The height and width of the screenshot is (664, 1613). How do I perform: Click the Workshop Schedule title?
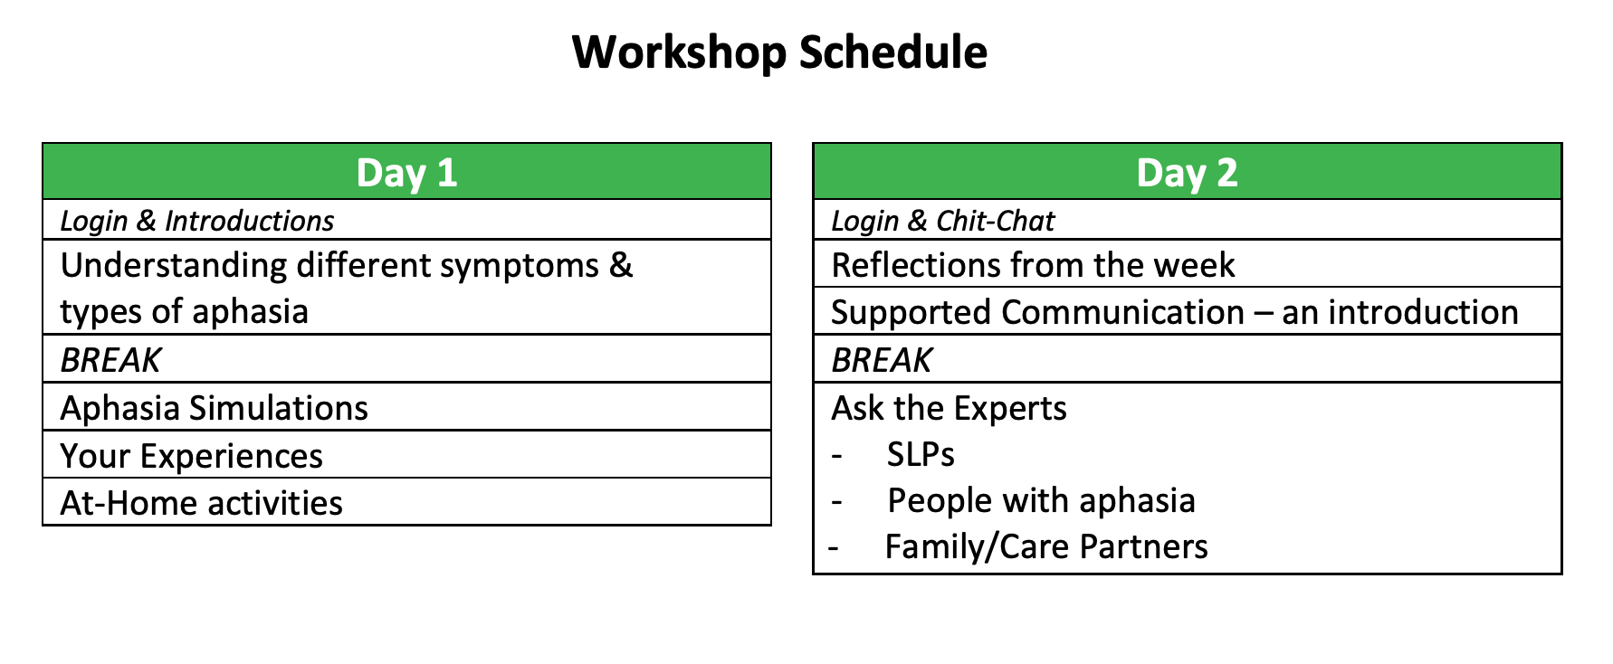click(x=779, y=52)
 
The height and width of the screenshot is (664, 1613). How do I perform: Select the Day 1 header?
click(x=406, y=172)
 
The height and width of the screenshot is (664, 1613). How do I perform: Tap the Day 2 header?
click(x=1187, y=172)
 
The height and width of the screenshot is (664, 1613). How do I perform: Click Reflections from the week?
click(x=1033, y=265)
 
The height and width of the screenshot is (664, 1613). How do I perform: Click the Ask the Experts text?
click(x=949, y=408)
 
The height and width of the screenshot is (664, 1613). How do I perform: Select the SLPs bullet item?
click(x=921, y=454)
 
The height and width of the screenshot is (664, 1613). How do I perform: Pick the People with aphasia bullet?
click(x=1041, y=500)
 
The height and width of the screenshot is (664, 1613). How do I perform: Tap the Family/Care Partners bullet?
click(x=1046, y=546)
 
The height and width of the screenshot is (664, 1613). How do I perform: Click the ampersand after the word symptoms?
click(x=621, y=265)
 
